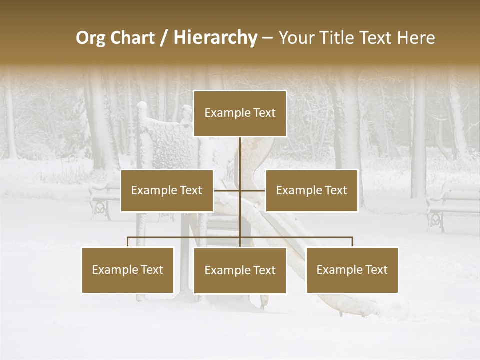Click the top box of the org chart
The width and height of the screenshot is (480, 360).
pos(240,113)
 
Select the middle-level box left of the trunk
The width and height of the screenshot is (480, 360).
pos(167,190)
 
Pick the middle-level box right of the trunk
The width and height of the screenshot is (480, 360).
pos(311,190)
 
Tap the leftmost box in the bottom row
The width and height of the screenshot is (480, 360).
pos(128,270)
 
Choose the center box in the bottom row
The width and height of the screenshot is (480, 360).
pos(240,270)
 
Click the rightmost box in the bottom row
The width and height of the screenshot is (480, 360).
pos(352,270)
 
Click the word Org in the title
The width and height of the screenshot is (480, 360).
pos(90,38)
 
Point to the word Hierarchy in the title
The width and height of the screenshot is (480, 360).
pos(215,38)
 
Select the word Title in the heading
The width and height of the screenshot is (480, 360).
pos(338,38)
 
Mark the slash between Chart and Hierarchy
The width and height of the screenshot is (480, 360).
pos(163,38)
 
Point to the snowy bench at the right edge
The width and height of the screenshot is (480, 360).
pos(452,205)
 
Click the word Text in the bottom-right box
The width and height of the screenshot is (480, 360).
pos(376,270)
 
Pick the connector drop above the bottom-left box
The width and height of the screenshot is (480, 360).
pos(128,242)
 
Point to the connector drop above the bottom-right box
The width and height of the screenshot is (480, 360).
pos(352,242)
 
